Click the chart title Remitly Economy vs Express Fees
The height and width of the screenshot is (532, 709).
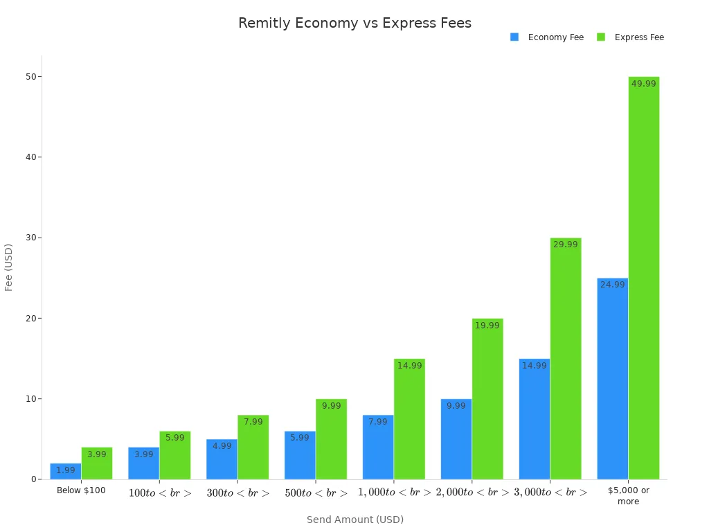(x=354, y=23)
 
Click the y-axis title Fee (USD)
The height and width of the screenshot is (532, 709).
(x=9, y=267)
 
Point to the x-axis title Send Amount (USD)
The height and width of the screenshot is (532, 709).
(x=354, y=520)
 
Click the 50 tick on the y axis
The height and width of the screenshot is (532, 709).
(x=30, y=76)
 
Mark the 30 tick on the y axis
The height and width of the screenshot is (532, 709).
(x=30, y=238)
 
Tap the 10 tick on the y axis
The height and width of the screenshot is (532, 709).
(x=30, y=399)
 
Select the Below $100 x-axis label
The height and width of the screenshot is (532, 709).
(x=81, y=490)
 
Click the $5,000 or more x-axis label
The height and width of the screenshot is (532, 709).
(x=628, y=495)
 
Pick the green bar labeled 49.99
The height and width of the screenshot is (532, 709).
(x=643, y=277)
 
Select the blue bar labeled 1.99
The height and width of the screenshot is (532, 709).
(x=66, y=472)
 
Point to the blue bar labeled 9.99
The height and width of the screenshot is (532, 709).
(x=456, y=439)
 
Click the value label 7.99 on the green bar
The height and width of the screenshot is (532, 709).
(x=253, y=422)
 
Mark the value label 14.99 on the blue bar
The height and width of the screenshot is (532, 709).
(x=535, y=366)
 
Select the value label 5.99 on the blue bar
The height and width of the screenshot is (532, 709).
(x=300, y=438)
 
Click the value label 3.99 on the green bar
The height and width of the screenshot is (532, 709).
(x=97, y=454)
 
